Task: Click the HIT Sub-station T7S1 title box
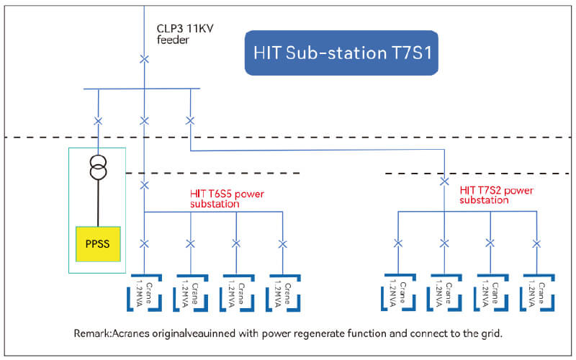pyautogui.click(x=341, y=53)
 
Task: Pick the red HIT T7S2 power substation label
pyautogui.click(x=496, y=195)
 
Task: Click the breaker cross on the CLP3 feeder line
pyautogui.click(x=144, y=58)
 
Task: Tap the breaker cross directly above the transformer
pyautogui.click(x=97, y=120)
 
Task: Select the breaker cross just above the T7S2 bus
pyautogui.click(x=444, y=182)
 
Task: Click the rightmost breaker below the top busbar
pyautogui.click(x=190, y=120)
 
